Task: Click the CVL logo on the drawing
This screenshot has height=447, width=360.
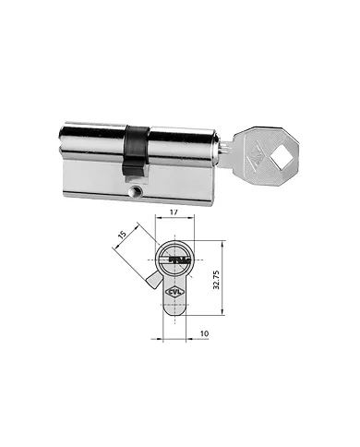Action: pos(174,294)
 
